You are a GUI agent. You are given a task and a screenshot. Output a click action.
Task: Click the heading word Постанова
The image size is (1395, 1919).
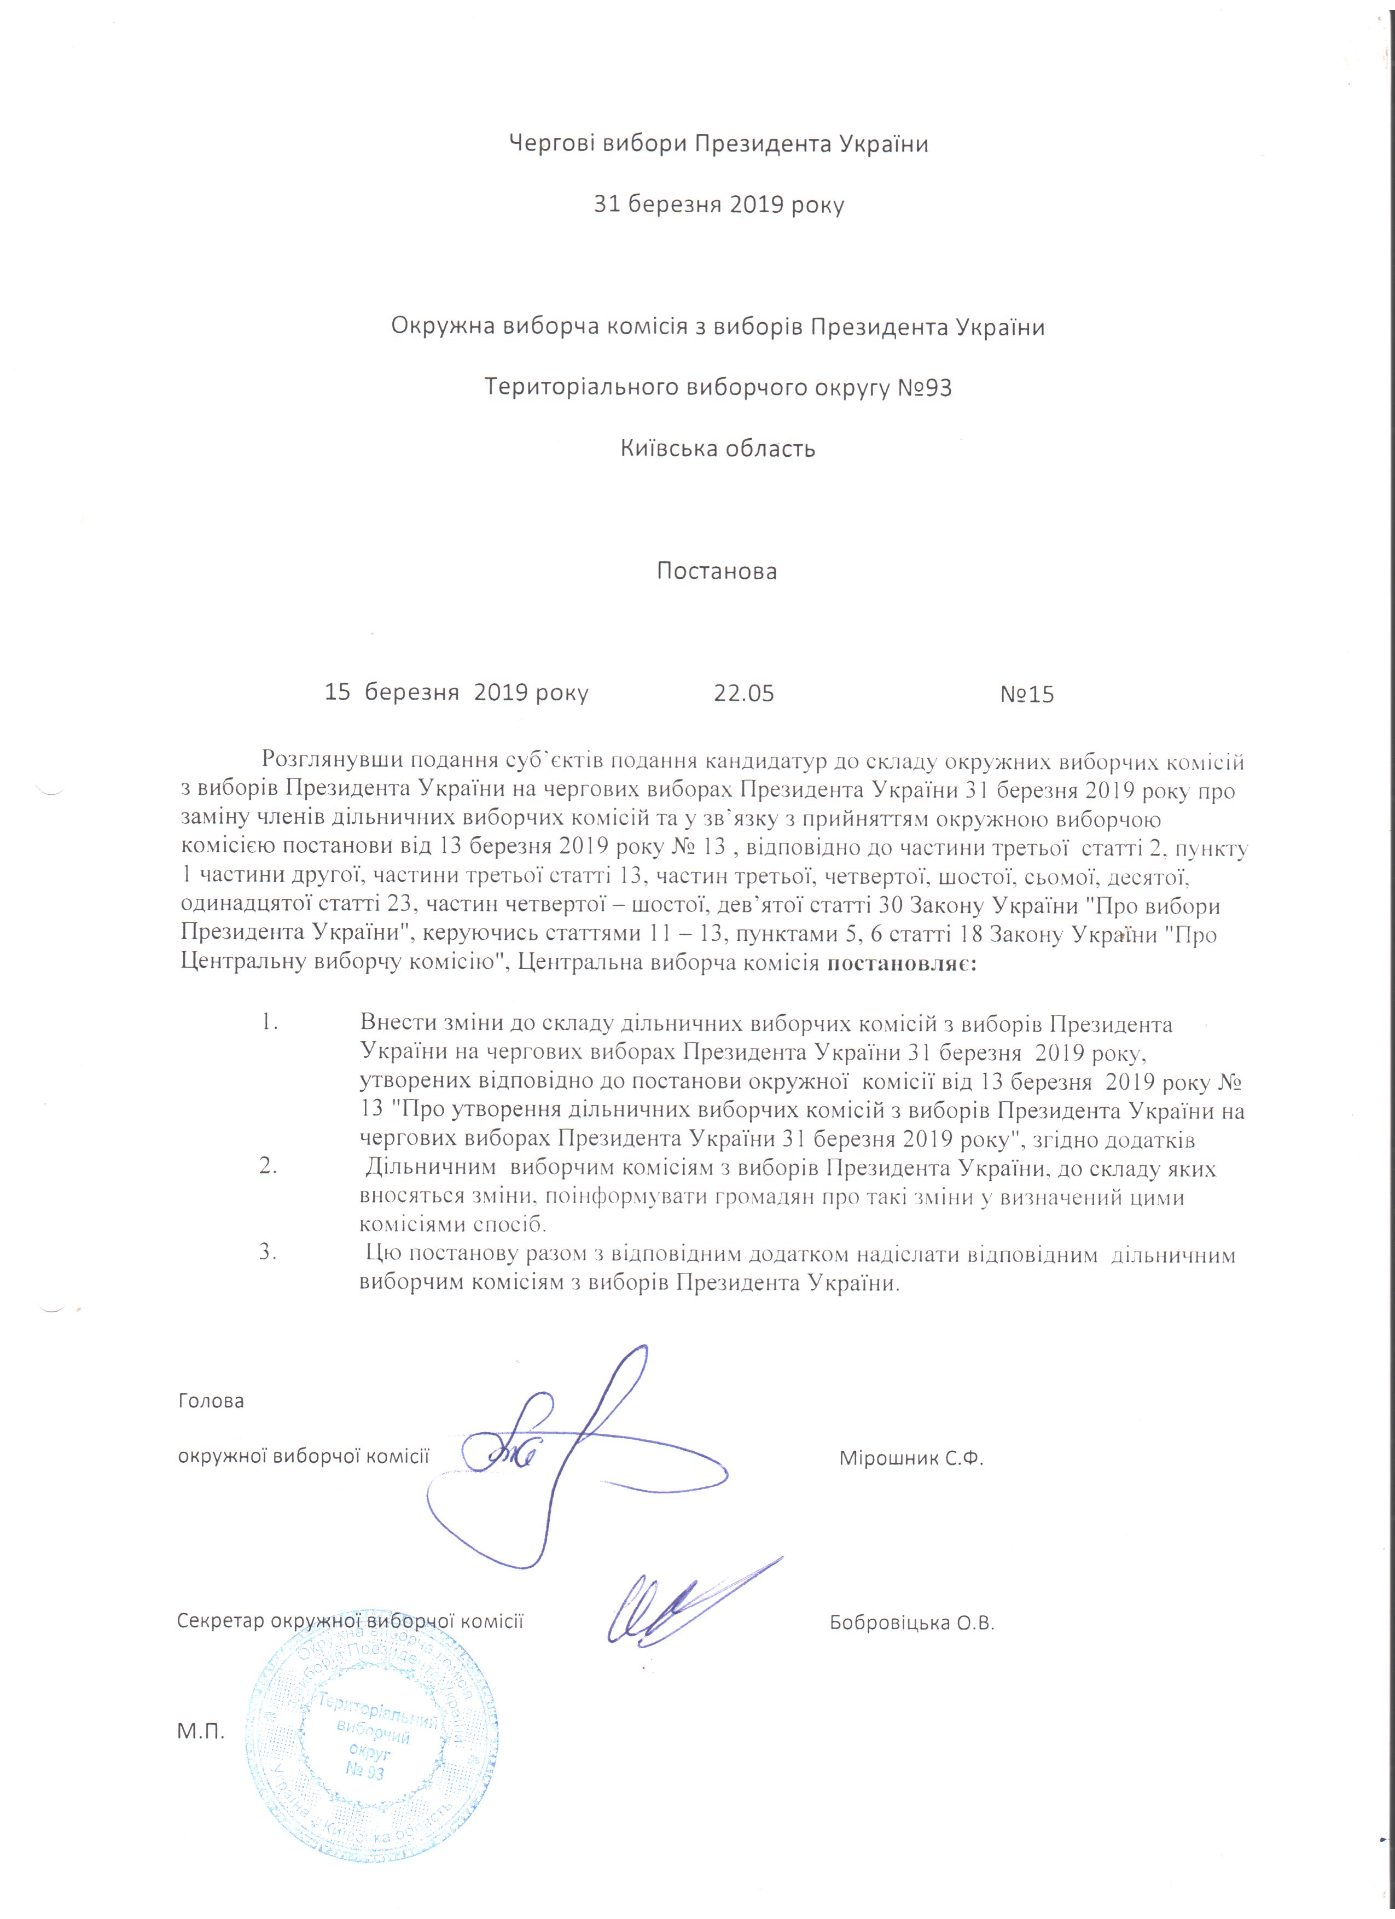pyautogui.click(x=717, y=571)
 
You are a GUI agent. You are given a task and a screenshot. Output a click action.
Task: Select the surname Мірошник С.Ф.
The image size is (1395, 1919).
pyautogui.click(x=911, y=1459)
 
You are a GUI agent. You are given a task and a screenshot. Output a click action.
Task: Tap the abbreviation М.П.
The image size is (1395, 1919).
pyautogui.click(x=200, y=1731)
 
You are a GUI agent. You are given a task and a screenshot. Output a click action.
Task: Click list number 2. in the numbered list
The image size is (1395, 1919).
pyautogui.click(x=269, y=1170)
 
